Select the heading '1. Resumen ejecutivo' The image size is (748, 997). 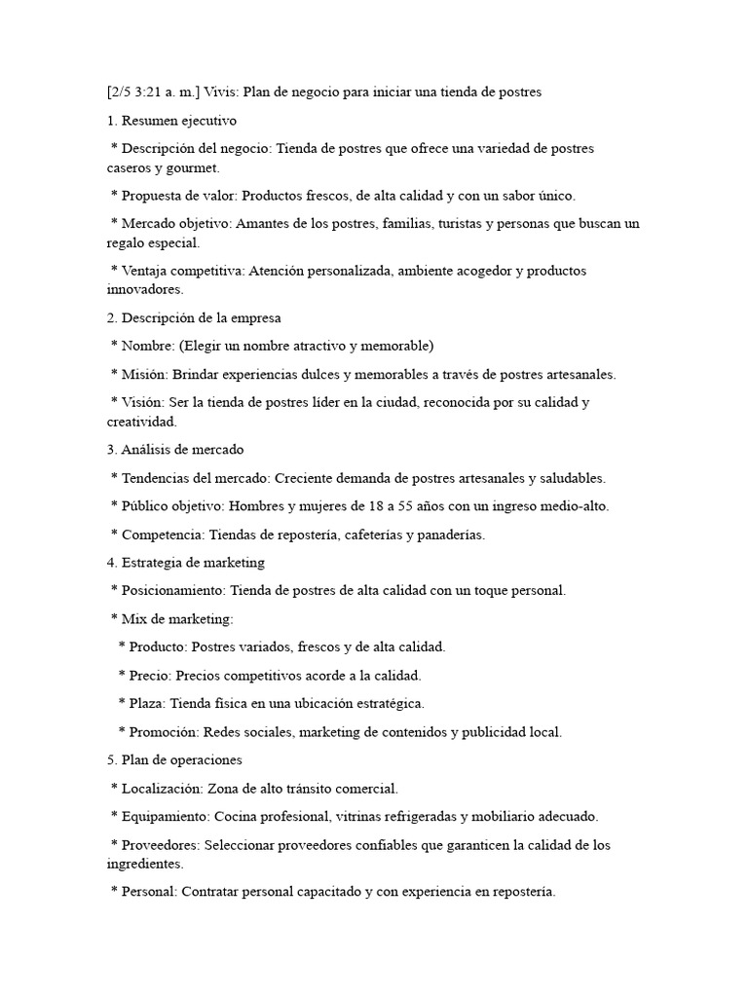(x=171, y=121)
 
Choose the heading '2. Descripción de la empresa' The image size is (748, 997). (x=194, y=317)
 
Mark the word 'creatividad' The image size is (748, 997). (x=142, y=422)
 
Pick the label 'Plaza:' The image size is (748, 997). (x=149, y=703)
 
